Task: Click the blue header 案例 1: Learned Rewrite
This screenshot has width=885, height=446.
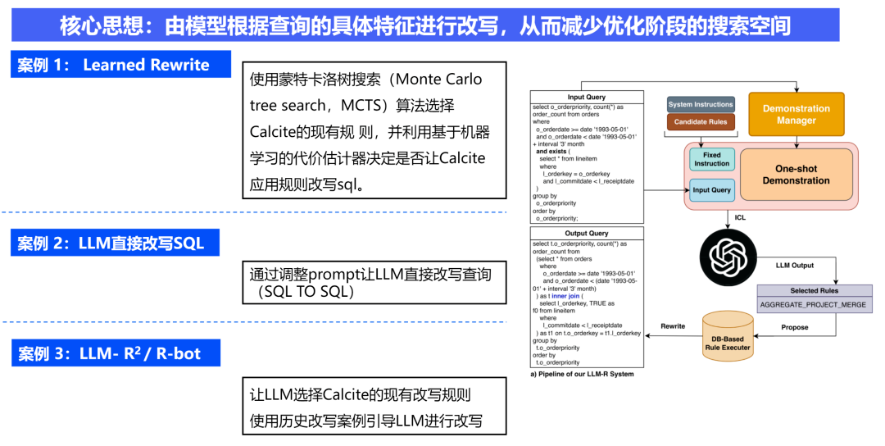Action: pos(120,65)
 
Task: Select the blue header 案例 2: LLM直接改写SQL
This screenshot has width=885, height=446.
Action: pos(120,243)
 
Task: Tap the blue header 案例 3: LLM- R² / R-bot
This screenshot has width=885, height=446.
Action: pos(120,354)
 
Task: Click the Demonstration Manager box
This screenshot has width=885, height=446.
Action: pos(796,114)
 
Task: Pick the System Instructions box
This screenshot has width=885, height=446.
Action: pos(701,104)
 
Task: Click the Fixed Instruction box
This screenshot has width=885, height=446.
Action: pos(711,159)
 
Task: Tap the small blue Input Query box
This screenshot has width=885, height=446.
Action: pos(711,189)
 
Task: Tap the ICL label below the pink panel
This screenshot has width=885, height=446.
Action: pos(739,218)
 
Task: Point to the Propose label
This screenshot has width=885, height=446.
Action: pos(794,327)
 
